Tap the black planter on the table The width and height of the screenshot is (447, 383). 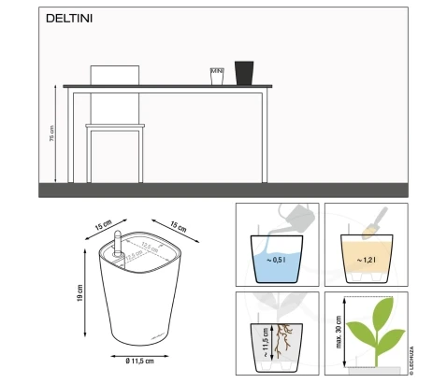244,73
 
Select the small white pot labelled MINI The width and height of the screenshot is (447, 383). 217,76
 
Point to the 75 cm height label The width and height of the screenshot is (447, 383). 51,135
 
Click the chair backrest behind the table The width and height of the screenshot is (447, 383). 113,74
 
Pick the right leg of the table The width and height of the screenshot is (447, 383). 266,135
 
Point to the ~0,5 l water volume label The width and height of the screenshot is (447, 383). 277,260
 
